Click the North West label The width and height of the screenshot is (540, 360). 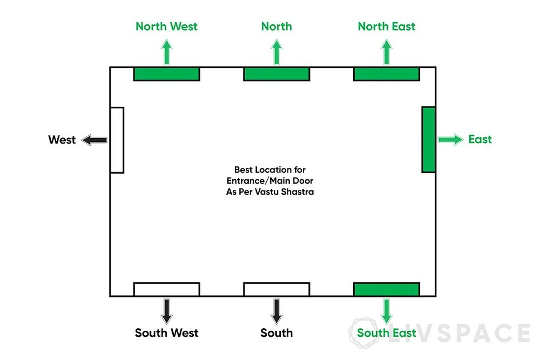tap(166, 26)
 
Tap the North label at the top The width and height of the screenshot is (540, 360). tap(276, 26)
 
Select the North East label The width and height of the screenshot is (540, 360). tap(387, 26)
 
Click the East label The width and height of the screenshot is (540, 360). tap(480, 139)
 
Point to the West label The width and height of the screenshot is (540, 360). tap(62, 140)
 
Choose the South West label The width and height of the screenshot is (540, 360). tap(166, 333)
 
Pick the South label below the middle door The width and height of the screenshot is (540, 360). tap(276, 333)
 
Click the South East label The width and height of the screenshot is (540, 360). tap(387, 333)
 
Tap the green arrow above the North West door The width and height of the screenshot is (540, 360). tap(166, 52)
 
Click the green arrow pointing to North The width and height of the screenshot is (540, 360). tap(276, 52)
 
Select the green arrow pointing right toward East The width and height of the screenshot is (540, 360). tap(450, 140)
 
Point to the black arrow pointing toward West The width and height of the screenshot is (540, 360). tap(94, 140)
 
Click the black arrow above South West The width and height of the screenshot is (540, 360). tap(166, 310)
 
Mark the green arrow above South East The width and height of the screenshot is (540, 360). tap(387, 310)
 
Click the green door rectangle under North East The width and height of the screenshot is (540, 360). tap(387, 74)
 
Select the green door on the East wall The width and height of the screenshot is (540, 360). tap(428, 139)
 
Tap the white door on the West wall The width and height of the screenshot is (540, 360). tap(117, 140)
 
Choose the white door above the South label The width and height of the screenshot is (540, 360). tap(276, 289)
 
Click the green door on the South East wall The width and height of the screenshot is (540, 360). tap(387, 289)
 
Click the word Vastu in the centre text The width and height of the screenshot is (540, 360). tap(276, 191)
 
